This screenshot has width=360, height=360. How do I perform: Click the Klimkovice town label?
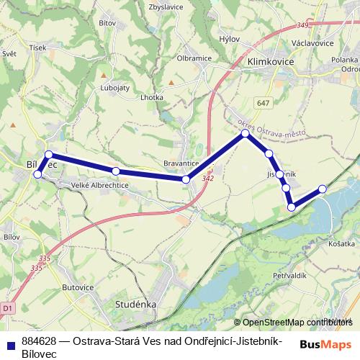point(270,63)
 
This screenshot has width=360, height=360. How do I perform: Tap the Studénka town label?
point(136,305)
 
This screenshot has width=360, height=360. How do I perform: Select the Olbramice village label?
point(193,58)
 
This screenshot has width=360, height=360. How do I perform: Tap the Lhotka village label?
point(152,96)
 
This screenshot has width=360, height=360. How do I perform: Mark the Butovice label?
point(78,287)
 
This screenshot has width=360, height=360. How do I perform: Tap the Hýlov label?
point(230,40)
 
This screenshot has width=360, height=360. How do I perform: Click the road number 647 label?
point(263,104)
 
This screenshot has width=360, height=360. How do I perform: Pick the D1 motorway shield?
point(8,308)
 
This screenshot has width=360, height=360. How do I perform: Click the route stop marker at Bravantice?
point(186,179)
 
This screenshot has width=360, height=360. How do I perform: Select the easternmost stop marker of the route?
point(323,189)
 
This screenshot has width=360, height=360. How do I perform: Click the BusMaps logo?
point(325,344)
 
